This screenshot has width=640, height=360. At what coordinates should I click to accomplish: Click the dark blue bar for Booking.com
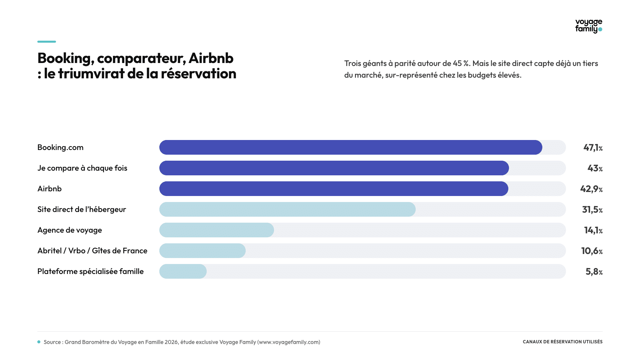pos(351,147)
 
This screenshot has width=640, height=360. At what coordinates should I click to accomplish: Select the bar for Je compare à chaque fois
pos(334,168)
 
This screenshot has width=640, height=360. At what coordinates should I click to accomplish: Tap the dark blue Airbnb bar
pos(334,189)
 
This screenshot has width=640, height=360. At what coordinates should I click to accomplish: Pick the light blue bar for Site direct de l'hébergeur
pos(287,209)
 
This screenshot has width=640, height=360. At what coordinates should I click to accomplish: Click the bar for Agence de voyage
pos(217,230)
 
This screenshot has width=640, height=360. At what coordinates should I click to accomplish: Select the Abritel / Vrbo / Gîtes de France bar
pos(202,251)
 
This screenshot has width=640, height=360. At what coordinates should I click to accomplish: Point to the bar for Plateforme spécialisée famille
pos(183,271)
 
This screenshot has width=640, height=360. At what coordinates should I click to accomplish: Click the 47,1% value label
pos(593,148)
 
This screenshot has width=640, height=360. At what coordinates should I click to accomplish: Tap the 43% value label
pos(595,168)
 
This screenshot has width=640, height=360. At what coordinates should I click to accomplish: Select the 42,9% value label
pos(591,189)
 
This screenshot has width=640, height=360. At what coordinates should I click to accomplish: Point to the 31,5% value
pos(592,210)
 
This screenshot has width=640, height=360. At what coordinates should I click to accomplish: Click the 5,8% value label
pos(594,272)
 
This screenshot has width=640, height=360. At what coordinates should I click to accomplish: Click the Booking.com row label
pos(60,147)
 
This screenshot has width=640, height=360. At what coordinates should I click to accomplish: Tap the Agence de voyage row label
pos(70,230)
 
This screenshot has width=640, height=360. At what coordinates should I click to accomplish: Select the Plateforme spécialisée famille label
pos(90,272)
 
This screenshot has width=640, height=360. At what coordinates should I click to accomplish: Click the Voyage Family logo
pos(589,26)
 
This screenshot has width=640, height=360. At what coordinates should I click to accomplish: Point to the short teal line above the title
pos(47,42)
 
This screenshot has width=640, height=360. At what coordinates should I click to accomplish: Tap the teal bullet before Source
pos(39,342)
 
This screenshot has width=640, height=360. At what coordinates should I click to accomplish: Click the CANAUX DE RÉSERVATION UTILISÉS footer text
pos(563,342)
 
